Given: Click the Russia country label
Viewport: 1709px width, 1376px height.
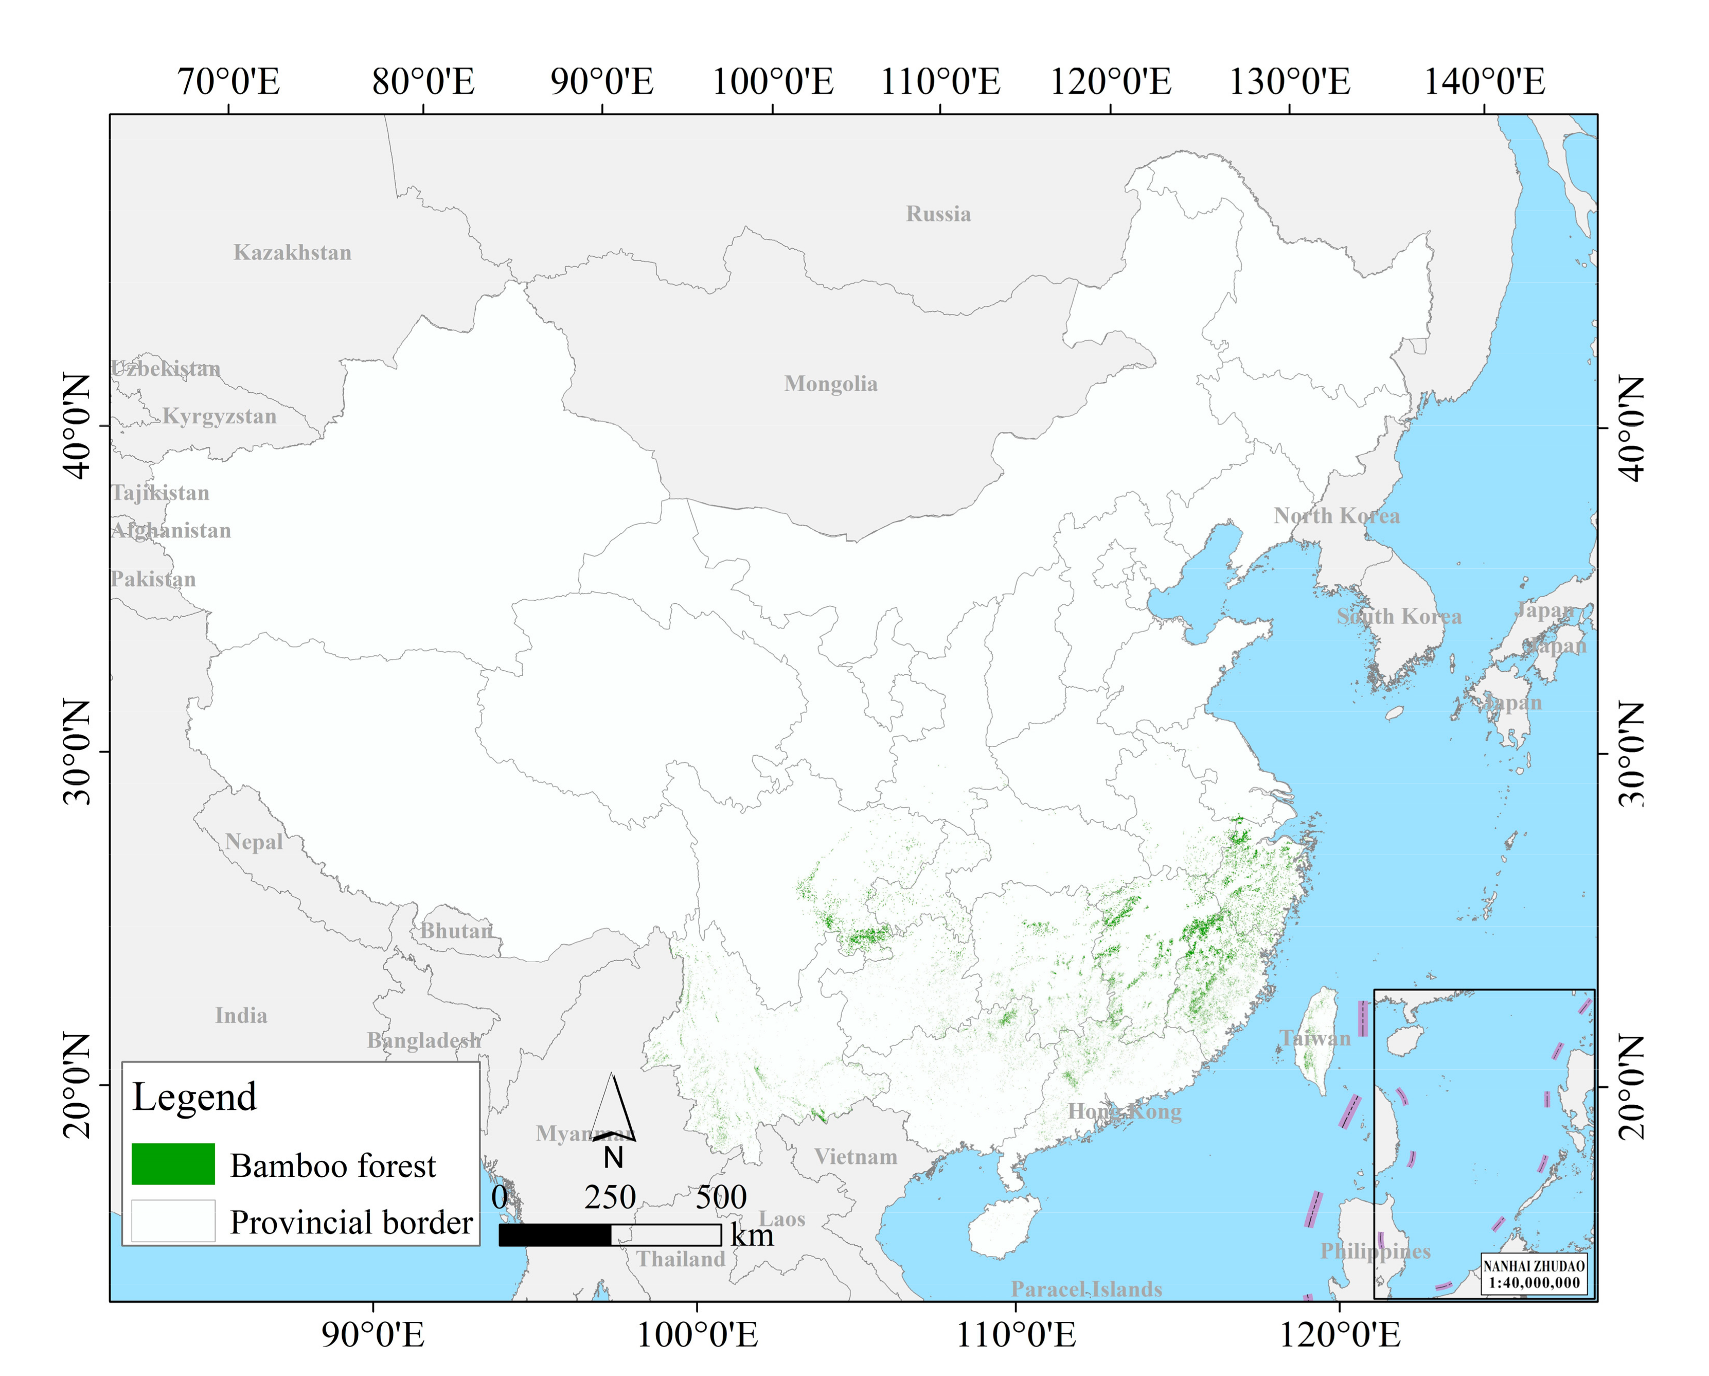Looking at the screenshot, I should click(938, 214).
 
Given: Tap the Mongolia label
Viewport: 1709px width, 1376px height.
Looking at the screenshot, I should click(831, 384).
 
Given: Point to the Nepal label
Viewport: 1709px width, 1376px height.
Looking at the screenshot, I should click(254, 842).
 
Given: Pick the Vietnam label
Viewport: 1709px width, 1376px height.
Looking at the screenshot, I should click(856, 1157).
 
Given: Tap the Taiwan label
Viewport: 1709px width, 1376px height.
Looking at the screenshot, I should click(1315, 1038).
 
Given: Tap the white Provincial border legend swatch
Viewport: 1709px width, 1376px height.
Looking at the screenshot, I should click(173, 1221).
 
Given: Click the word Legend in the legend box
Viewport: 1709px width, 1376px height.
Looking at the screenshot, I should click(194, 1097).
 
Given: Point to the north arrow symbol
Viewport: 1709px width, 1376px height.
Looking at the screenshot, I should click(613, 1110).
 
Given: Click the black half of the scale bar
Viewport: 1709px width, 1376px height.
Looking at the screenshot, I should click(555, 1235).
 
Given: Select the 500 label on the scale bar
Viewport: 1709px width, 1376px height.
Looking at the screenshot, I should click(721, 1197).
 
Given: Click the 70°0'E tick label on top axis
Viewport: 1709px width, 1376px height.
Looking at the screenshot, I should click(228, 82).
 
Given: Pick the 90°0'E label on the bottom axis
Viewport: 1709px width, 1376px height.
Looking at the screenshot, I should click(372, 1335).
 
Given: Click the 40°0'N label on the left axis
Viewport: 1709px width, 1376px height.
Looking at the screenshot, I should click(77, 427).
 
